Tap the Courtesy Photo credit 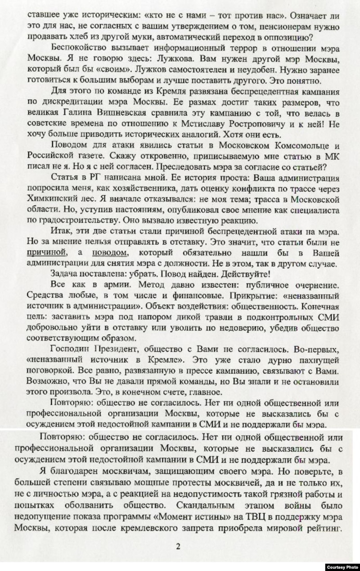coord(342,566)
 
